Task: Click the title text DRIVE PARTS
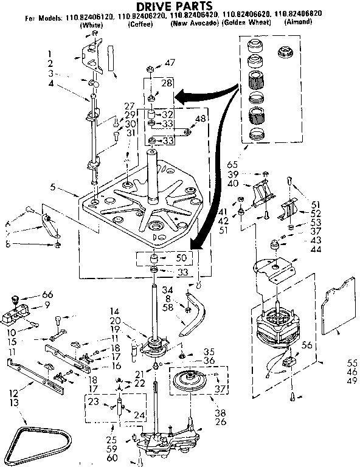(x=181, y=7)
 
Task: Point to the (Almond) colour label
(x=298, y=22)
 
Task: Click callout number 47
(x=169, y=62)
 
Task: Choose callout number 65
(x=232, y=164)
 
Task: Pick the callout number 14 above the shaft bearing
(x=114, y=311)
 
